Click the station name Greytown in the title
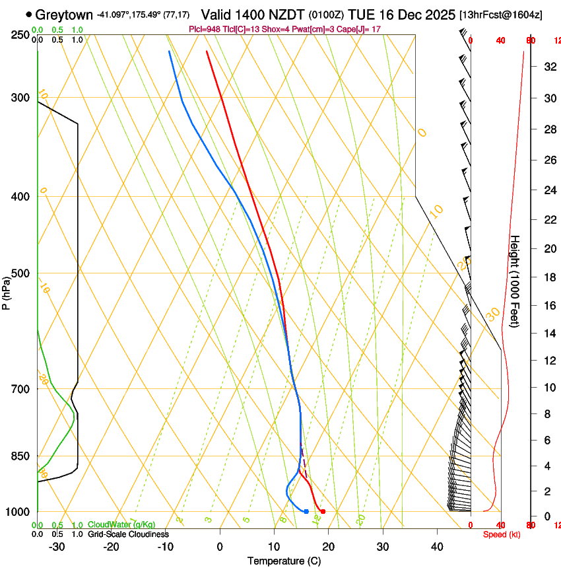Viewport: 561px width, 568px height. click(65, 15)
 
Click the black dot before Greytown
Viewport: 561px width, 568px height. click(29, 15)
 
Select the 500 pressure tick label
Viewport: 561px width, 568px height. click(20, 273)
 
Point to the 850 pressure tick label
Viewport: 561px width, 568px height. click(20, 456)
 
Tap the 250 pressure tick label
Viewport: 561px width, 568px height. click(20, 34)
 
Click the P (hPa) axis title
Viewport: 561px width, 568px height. click(7, 291)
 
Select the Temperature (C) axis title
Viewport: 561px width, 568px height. click(284, 561)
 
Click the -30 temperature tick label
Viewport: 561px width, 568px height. click(57, 547)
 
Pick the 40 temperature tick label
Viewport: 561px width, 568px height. click(437, 547)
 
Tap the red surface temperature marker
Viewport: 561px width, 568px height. click(323, 512)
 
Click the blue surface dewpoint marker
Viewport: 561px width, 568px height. click(306, 512)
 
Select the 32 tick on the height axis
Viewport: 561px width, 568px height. click(548, 67)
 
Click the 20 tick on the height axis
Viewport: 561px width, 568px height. click(548, 248)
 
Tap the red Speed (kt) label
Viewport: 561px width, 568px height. click(502, 534)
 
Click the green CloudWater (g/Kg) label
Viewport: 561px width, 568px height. click(121, 525)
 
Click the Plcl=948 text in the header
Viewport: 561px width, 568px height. click(205, 29)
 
